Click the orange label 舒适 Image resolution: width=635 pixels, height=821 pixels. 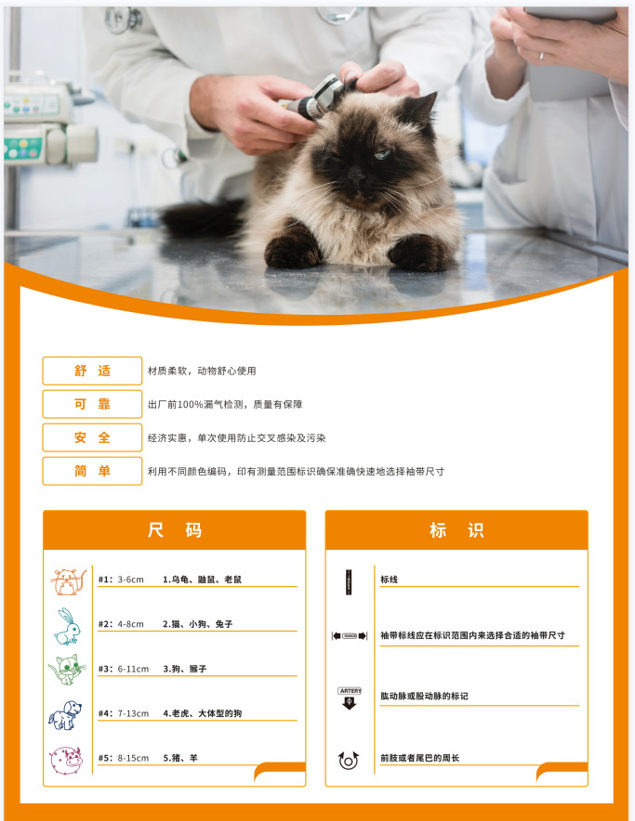point(92,371)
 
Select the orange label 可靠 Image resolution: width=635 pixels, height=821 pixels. point(92,404)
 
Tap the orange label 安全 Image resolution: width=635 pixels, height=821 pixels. point(92,437)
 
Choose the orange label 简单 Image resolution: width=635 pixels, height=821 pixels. point(92,471)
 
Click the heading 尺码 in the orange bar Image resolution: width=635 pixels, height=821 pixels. point(174,530)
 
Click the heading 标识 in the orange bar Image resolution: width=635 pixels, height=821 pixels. point(456,530)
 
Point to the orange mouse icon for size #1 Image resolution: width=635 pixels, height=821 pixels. point(67,581)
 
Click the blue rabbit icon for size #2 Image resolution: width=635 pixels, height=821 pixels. point(67,626)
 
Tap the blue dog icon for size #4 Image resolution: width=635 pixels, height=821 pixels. point(65,715)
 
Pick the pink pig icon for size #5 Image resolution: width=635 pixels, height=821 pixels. point(67,759)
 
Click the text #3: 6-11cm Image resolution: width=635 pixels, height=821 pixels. point(124,669)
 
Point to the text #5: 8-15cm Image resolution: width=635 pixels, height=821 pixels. point(124,758)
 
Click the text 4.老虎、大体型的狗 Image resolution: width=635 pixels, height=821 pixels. point(203,713)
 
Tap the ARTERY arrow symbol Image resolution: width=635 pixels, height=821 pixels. point(350,697)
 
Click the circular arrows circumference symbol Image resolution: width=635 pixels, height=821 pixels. point(350,760)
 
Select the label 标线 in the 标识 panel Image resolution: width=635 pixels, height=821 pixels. point(389,580)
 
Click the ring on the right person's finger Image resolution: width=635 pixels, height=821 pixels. point(541,56)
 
